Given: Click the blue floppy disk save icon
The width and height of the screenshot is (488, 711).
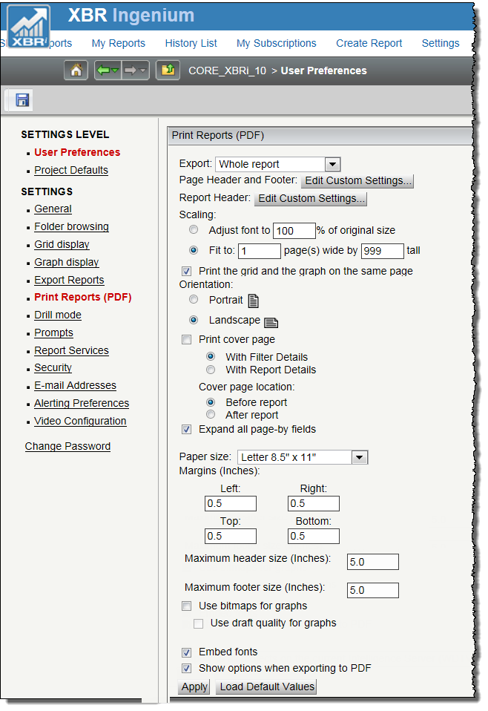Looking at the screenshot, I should (22, 100).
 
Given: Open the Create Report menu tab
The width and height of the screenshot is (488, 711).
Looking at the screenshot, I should (369, 43).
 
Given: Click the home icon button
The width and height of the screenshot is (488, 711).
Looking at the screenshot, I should (76, 71).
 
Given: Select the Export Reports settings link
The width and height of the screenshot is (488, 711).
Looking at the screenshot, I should (69, 280).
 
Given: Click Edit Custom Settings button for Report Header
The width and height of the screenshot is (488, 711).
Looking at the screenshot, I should (311, 198).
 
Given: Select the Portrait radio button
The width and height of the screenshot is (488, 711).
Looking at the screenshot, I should (194, 300).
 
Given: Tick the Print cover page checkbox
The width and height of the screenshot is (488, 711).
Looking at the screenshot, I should (187, 339).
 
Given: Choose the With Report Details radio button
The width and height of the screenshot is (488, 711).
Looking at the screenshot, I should (211, 370).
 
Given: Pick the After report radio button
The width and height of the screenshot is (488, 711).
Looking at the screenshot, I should (211, 415).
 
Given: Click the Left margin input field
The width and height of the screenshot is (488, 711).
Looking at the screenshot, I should (230, 503).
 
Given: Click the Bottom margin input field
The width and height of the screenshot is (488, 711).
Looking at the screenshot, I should (313, 536).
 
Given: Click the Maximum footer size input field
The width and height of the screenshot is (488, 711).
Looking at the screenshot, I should (372, 590).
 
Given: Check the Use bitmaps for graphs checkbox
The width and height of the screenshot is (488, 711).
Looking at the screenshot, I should (187, 606).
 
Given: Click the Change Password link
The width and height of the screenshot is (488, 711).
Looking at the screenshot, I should (67, 446).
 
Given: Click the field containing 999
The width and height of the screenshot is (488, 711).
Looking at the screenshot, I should (382, 251).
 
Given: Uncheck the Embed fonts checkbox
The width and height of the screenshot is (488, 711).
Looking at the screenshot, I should (187, 652).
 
